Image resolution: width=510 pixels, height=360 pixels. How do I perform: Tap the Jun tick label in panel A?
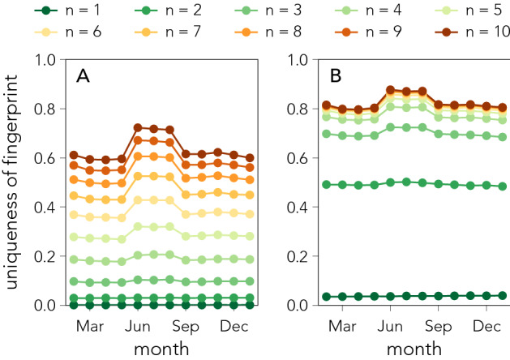[138, 326]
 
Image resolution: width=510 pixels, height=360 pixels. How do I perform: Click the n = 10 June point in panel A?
[138, 127]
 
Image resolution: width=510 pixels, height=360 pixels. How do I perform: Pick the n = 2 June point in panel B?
[391, 182]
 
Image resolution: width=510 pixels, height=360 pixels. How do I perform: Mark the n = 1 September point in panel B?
[439, 296]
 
